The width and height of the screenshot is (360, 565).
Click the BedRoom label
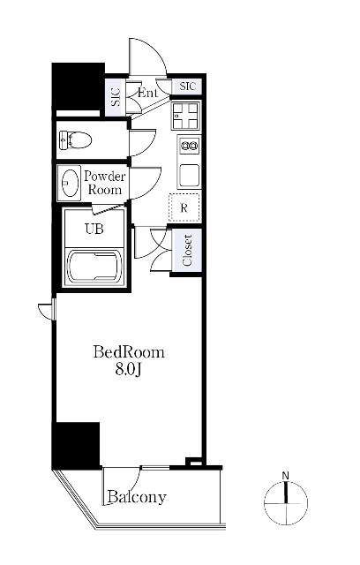tap(129, 352)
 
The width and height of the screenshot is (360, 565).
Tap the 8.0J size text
tap(128, 369)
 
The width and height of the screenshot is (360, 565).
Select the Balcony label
tap(137, 497)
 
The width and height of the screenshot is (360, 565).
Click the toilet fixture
tap(76, 139)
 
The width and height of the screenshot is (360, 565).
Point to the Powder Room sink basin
tap(70, 183)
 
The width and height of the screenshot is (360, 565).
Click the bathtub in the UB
tap(94, 267)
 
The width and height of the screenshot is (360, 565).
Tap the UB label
tap(94, 229)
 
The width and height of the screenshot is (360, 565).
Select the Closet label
tap(187, 250)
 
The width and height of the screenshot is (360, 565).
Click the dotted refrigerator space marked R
tap(184, 207)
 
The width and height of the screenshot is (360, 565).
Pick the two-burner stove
tap(189, 146)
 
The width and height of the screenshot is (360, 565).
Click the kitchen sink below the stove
tap(189, 175)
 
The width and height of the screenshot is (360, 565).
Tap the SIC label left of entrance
tap(116, 97)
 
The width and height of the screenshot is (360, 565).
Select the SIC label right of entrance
tap(188, 87)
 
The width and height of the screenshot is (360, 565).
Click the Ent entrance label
tap(147, 93)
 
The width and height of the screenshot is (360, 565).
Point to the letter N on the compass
tap(286, 476)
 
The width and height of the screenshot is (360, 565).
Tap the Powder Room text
tap(105, 183)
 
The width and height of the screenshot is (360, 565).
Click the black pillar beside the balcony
tap(76, 445)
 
